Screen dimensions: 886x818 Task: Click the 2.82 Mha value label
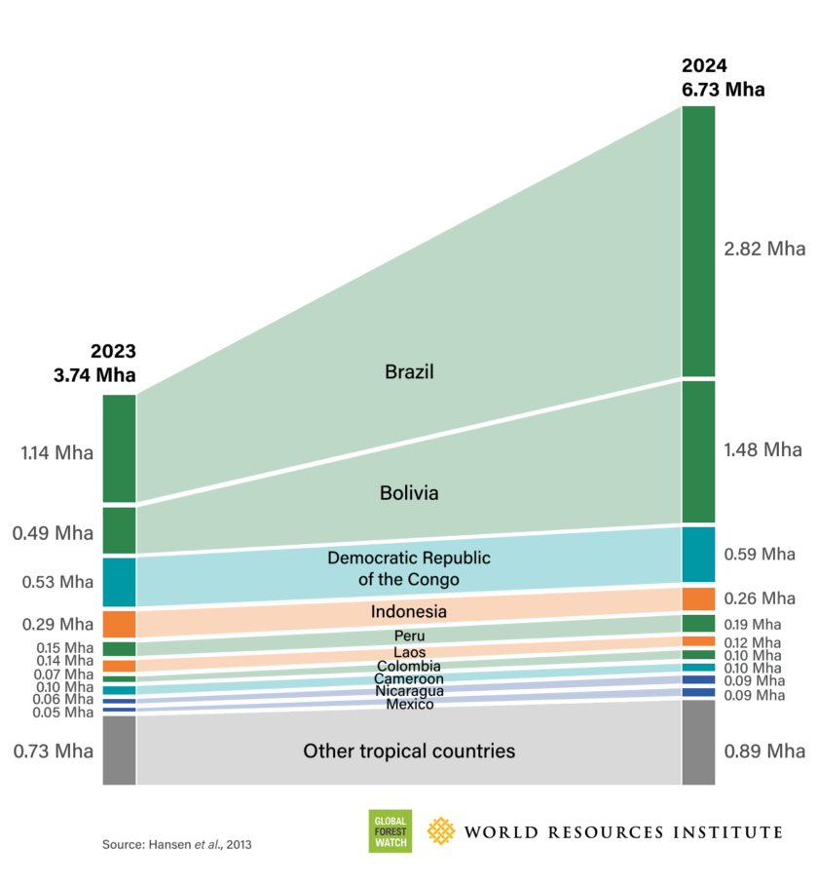[x=764, y=249]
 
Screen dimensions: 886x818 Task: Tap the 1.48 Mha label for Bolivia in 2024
[x=764, y=449]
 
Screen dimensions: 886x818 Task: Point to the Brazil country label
[x=409, y=371]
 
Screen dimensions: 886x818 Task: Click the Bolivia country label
[x=409, y=493]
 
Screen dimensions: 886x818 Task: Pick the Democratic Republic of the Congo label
[x=409, y=568]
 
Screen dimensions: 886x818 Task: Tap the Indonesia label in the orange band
[x=409, y=612]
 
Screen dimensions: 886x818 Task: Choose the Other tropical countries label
[x=409, y=751]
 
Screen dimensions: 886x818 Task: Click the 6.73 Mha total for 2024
[x=723, y=89]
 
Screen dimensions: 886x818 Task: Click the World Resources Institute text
[x=623, y=831]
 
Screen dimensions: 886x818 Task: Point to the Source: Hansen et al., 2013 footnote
[x=177, y=844]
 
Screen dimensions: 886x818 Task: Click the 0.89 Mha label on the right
[x=764, y=751]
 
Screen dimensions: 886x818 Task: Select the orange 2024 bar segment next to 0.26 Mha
[x=698, y=598]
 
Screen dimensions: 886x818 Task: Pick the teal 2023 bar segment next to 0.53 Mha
[x=119, y=582]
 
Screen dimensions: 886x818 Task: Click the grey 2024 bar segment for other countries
[x=698, y=742]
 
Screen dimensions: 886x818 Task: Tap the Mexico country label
[x=409, y=704]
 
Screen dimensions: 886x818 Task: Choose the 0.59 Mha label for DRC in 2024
[x=764, y=554]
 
